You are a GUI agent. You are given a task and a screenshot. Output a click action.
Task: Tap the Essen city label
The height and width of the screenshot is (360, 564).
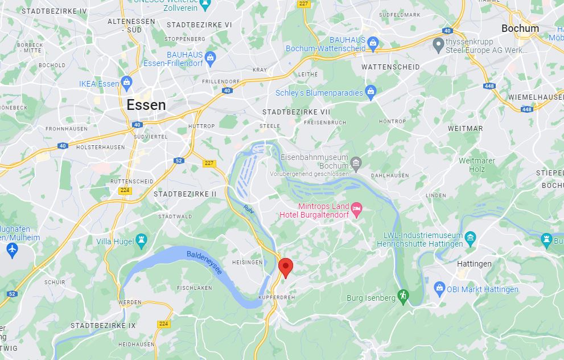146,105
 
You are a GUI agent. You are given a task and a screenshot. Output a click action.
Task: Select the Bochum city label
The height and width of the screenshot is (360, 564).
520,28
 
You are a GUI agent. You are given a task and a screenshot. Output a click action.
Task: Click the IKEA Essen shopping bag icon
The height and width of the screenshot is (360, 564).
126,83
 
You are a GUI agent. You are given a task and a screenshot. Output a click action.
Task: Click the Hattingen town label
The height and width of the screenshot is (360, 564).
474,264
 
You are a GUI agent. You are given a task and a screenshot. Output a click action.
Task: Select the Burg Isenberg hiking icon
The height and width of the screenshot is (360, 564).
403,296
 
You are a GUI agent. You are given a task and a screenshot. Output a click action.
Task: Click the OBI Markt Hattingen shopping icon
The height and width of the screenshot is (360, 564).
439,289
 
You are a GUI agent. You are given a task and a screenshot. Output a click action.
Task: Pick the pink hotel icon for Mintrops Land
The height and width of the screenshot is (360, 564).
357,209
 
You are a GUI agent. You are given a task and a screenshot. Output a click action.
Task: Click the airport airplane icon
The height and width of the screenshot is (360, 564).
12,249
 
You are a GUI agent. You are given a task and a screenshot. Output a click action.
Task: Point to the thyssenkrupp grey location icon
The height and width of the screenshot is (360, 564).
438,44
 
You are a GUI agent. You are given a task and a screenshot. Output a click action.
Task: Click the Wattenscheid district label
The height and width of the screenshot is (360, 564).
390,67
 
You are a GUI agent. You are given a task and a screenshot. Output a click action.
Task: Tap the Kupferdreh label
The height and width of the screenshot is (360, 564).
276,298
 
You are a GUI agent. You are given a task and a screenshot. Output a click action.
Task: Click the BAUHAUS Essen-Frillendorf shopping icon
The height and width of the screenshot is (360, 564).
210,57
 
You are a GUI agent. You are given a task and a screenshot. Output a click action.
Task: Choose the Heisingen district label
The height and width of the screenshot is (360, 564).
248,262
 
